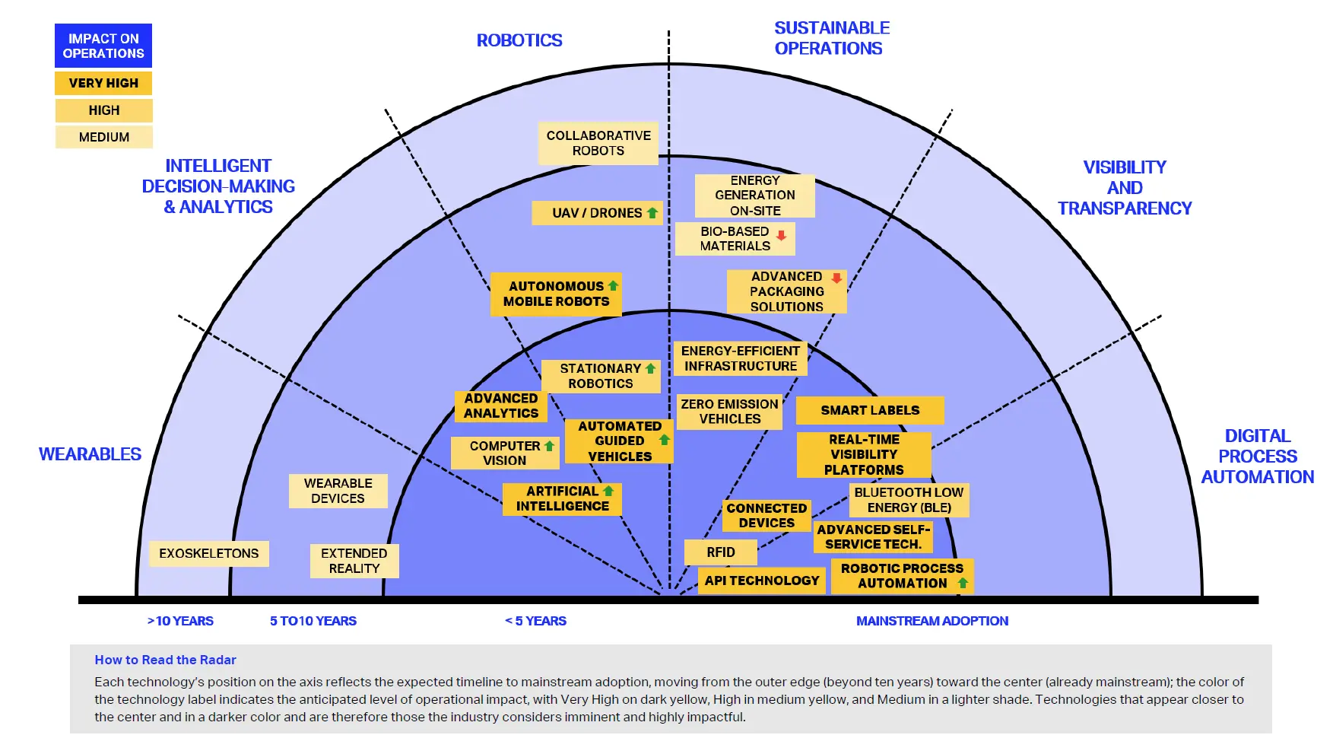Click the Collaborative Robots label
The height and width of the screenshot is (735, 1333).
[x=598, y=143]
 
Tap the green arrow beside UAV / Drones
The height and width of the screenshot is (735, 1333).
[x=652, y=213]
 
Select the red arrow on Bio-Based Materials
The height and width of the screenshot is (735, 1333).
[x=781, y=235]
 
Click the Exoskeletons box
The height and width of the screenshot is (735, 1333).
[x=208, y=553]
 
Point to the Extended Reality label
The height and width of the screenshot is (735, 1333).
[x=354, y=561]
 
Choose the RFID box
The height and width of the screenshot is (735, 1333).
[x=720, y=552]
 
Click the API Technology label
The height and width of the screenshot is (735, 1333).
[x=761, y=581]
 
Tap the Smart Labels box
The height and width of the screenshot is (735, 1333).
[x=869, y=410]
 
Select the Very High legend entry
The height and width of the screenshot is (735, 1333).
[x=103, y=83]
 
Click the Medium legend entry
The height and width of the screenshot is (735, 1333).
[x=103, y=137]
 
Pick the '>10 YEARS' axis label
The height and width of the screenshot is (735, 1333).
[x=180, y=621]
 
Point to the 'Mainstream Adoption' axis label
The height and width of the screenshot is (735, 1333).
[x=932, y=621]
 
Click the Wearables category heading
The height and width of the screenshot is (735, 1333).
[x=90, y=454]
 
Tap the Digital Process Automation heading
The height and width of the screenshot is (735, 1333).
[x=1257, y=457]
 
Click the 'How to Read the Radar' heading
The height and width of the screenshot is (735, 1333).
[x=165, y=660]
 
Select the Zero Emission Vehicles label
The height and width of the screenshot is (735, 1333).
[x=729, y=412]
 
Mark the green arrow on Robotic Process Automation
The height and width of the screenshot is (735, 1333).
[x=963, y=583]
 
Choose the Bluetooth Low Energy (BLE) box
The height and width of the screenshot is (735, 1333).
[x=908, y=500]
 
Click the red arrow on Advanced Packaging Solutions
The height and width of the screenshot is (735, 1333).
[x=836, y=278]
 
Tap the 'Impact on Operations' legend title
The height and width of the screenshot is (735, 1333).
[x=103, y=46]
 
